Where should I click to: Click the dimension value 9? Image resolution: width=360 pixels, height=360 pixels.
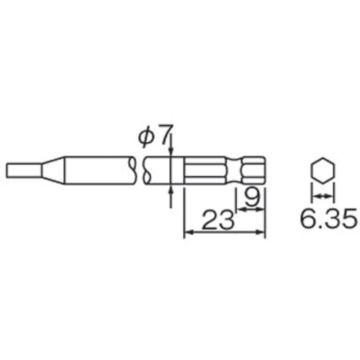click(251, 195)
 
